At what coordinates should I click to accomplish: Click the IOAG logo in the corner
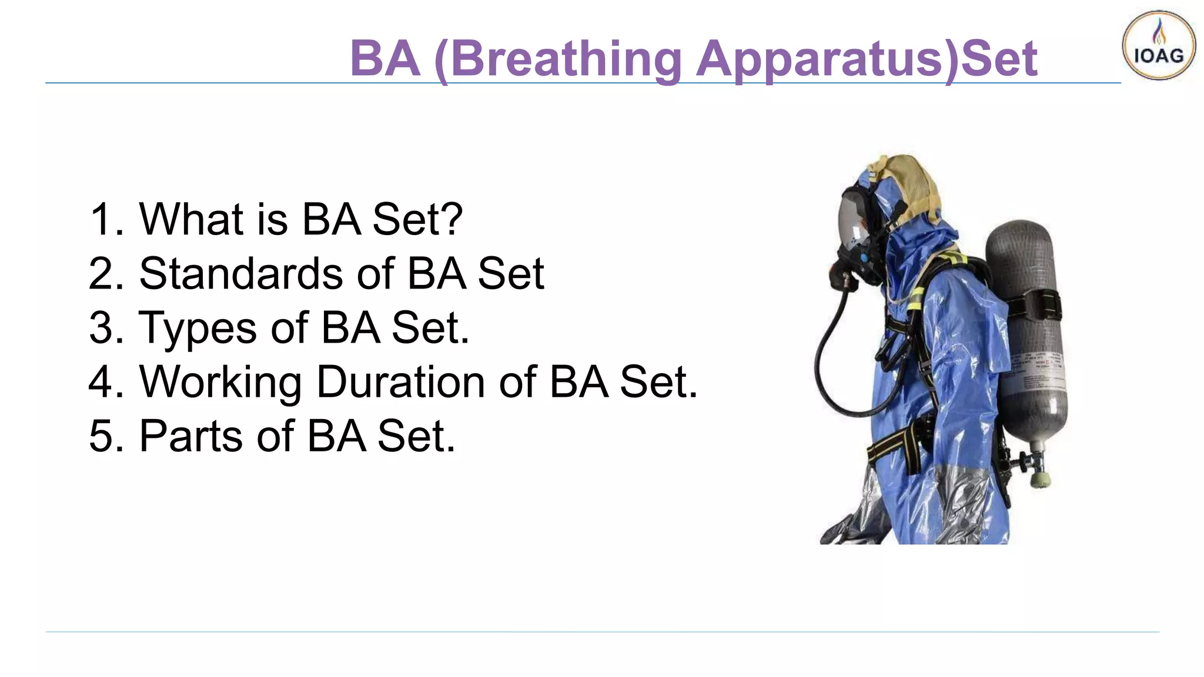tap(1158, 45)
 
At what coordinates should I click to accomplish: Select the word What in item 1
tap(191, 219)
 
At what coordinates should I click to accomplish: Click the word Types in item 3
tap(197, 328)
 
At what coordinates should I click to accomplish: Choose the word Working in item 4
tap(220, 383)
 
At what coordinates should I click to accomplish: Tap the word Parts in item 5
tap(190, 436)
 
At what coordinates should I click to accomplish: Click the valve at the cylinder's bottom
tap(1038, 470)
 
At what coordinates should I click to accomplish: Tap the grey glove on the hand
tap(847, 529)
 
